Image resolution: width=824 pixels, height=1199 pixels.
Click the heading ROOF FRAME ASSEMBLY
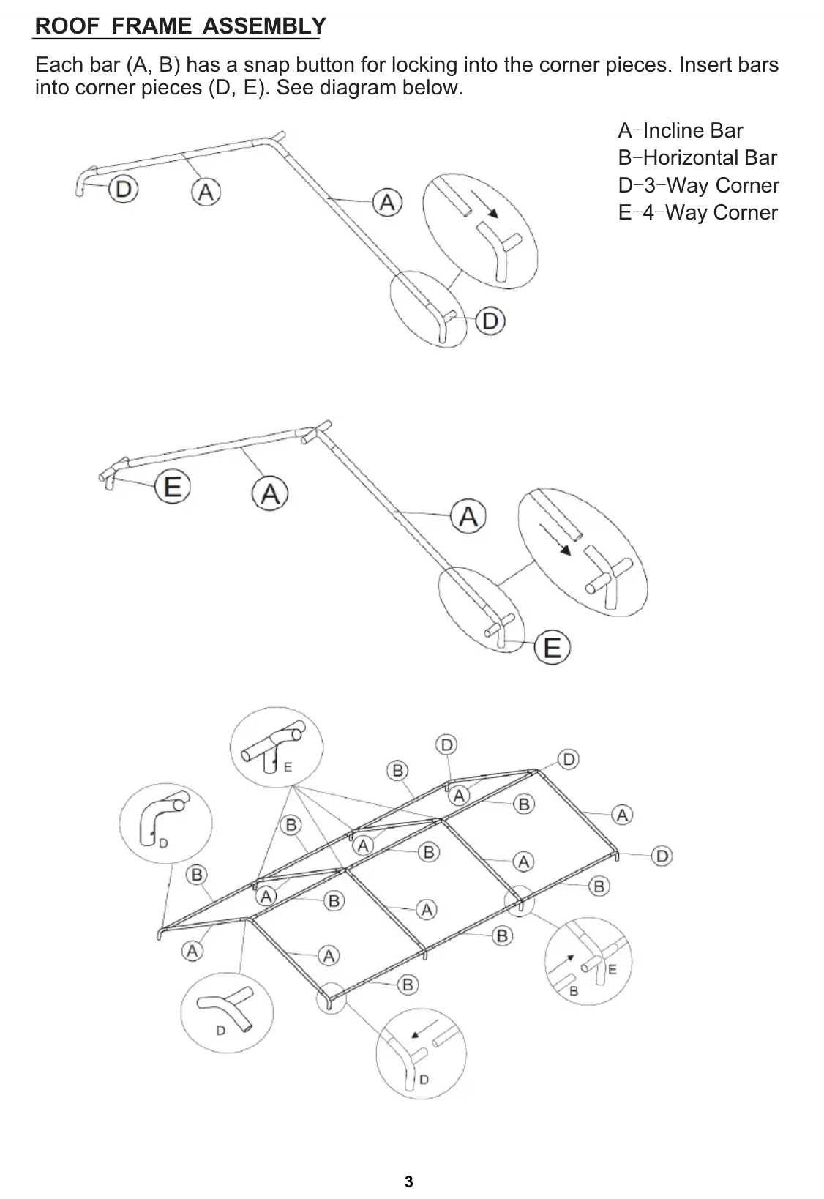(180, 26)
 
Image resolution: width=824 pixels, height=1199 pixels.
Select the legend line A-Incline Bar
(680, 131)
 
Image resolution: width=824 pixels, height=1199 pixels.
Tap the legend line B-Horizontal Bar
(697, 158)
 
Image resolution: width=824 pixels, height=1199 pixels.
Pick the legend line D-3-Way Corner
(698, 185)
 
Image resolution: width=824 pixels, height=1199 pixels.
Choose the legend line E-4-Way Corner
(697, 212)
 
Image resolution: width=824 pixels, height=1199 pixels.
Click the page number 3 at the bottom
(409, 1181)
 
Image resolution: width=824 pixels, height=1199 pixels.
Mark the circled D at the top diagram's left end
(124, 189)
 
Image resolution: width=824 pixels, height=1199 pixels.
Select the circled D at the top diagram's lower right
(490, 321)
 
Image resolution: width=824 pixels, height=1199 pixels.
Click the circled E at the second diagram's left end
(173, 486)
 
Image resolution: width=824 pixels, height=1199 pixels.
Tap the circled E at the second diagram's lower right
(553, 648)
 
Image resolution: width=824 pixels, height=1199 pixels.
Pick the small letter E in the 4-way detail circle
(288, 767)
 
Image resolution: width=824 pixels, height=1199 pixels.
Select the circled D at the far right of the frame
(662, 856)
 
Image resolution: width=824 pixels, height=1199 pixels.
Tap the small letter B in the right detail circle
(574, 990)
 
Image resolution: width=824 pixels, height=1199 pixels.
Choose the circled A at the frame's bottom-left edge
(192, 952)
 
